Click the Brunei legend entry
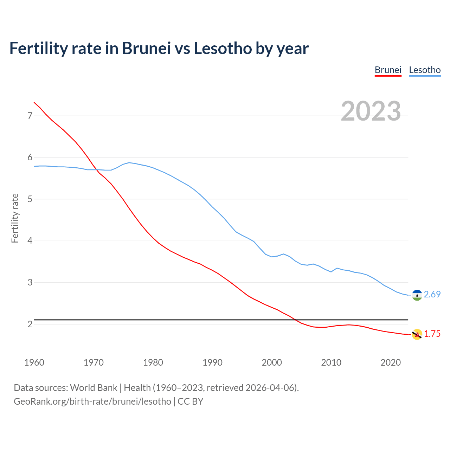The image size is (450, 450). tap(388, 70)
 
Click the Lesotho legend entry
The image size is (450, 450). tap(425, 70)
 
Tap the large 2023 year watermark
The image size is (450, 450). tap(371, 111)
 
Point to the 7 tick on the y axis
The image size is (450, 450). tap(30, 116)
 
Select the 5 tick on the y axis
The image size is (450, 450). tap(30, 199)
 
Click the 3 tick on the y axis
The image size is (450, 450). tap(30, 283)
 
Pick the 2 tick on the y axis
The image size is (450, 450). tap(30, 324)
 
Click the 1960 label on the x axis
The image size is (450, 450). tap(34, 362)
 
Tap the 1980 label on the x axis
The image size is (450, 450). tap(153, 362)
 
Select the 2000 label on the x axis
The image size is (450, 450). tap(272, 362)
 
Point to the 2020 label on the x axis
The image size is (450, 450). tap(391, 362)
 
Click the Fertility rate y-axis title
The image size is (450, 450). tap(15, 218)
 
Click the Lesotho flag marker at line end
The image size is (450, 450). tap(417, 295)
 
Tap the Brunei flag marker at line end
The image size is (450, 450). tap(417, 334)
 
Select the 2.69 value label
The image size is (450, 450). tap(432, 295)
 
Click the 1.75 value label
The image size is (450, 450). tap(432, 334)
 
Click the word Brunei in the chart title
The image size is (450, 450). tap(146, 48)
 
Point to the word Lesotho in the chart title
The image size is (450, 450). tap(223, 48)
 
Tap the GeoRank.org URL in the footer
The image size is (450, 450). tap(92, 401)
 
